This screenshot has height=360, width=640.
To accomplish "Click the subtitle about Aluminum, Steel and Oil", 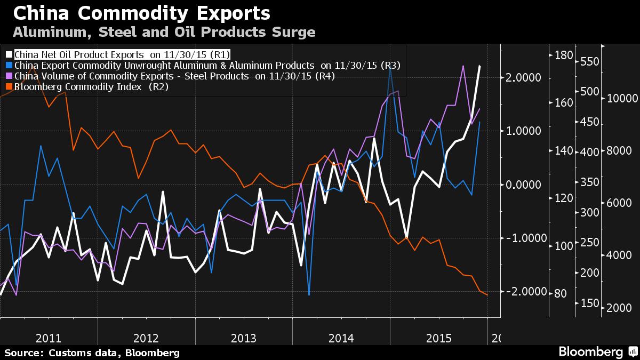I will pos(164,33).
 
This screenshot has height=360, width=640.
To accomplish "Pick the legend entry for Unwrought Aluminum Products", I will pos(207,65).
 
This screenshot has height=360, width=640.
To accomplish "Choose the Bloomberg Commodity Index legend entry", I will pos(91,87).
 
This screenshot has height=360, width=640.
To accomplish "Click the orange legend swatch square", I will pos(9,87).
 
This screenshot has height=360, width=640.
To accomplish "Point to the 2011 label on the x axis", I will pos(48,338).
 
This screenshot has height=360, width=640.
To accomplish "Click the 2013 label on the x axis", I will pos(243,338).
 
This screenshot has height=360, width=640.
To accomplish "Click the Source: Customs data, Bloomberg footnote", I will pos(92,353).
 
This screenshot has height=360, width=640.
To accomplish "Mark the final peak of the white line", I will pos(479,66).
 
